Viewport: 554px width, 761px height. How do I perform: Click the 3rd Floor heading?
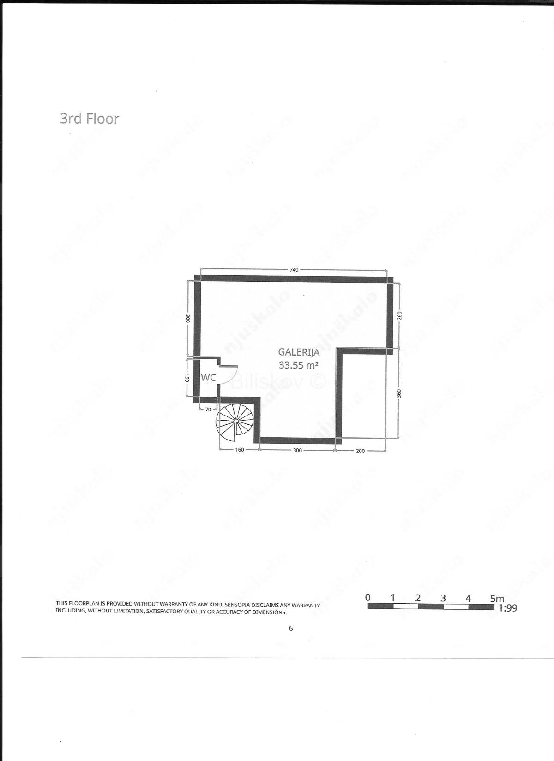pos(90,119)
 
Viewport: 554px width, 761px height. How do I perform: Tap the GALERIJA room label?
pos(299,352)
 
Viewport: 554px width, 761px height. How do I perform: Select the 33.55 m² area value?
pos(299,365)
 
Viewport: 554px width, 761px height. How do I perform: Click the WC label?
pos(209,377)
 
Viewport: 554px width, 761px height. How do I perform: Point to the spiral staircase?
pos(235,422)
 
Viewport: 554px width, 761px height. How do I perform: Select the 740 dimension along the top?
pos(294,270)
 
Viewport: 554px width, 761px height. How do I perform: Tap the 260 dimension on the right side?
pos(400,315)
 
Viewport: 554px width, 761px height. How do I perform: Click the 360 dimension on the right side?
pos(399,393)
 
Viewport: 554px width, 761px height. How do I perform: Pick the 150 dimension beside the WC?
pos(187,378)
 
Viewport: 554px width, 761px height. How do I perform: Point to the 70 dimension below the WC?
pos(208,410)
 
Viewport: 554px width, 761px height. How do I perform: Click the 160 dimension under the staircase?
pos(240,450)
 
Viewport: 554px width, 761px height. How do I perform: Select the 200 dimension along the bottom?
pos(360,451)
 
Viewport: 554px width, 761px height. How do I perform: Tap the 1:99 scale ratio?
pos(507,608)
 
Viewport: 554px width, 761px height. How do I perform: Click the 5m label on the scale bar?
pos(497,599)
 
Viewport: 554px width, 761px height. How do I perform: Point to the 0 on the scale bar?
pos(367,597)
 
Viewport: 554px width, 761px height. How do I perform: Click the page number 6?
pos(290,629)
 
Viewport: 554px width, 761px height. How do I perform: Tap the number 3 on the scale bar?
pos(443,598)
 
